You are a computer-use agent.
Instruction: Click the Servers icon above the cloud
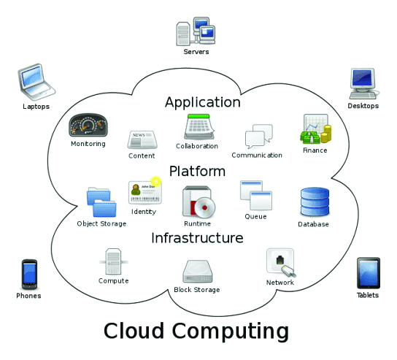pyautogui.click(x=196, y=31)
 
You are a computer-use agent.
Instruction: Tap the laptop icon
pyautogui.click(x=36, y=82)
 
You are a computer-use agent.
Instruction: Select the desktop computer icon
pyautogui.click(x=363, y=83)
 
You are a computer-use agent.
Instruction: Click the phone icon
pyautogui.click(x=29, y=274)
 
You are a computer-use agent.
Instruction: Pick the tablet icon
pyautogui.click(x=369, y=273)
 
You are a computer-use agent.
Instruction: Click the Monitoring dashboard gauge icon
pyautogui.click(x=88, y=125)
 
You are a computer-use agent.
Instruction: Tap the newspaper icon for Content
pyautogui.click(x=142, y=139)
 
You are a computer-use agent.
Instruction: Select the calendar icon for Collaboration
pyautogui.click(x=199, y=126)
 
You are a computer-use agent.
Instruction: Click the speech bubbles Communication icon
pyautogui.click(x=259, y=137)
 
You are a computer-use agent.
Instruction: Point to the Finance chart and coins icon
pyautogui.click(x=316, y=129)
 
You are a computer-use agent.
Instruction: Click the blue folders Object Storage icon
pyautogui.click(x=101, y=202)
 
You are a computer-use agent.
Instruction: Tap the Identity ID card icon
pyautogui.click(x=145, y=191)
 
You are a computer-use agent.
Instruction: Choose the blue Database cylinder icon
pyautogui.click(x=315, y=202)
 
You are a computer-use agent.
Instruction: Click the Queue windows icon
pyautogui.click(x=256, y=195)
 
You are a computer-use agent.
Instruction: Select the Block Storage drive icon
pyautogui.click(x=198, y=272)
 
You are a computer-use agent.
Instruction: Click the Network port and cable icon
pyautogui.click(x=281, y=262)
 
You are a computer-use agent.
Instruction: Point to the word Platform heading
pyautogui.click(x=197, y=172)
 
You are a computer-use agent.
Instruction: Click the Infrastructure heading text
pyautogui.click(x=197, y=238)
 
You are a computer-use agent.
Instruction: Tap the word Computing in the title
pyautogui.click(x=231, y=332)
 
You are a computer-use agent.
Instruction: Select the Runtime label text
pyautogui.click(x=197, y=223)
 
